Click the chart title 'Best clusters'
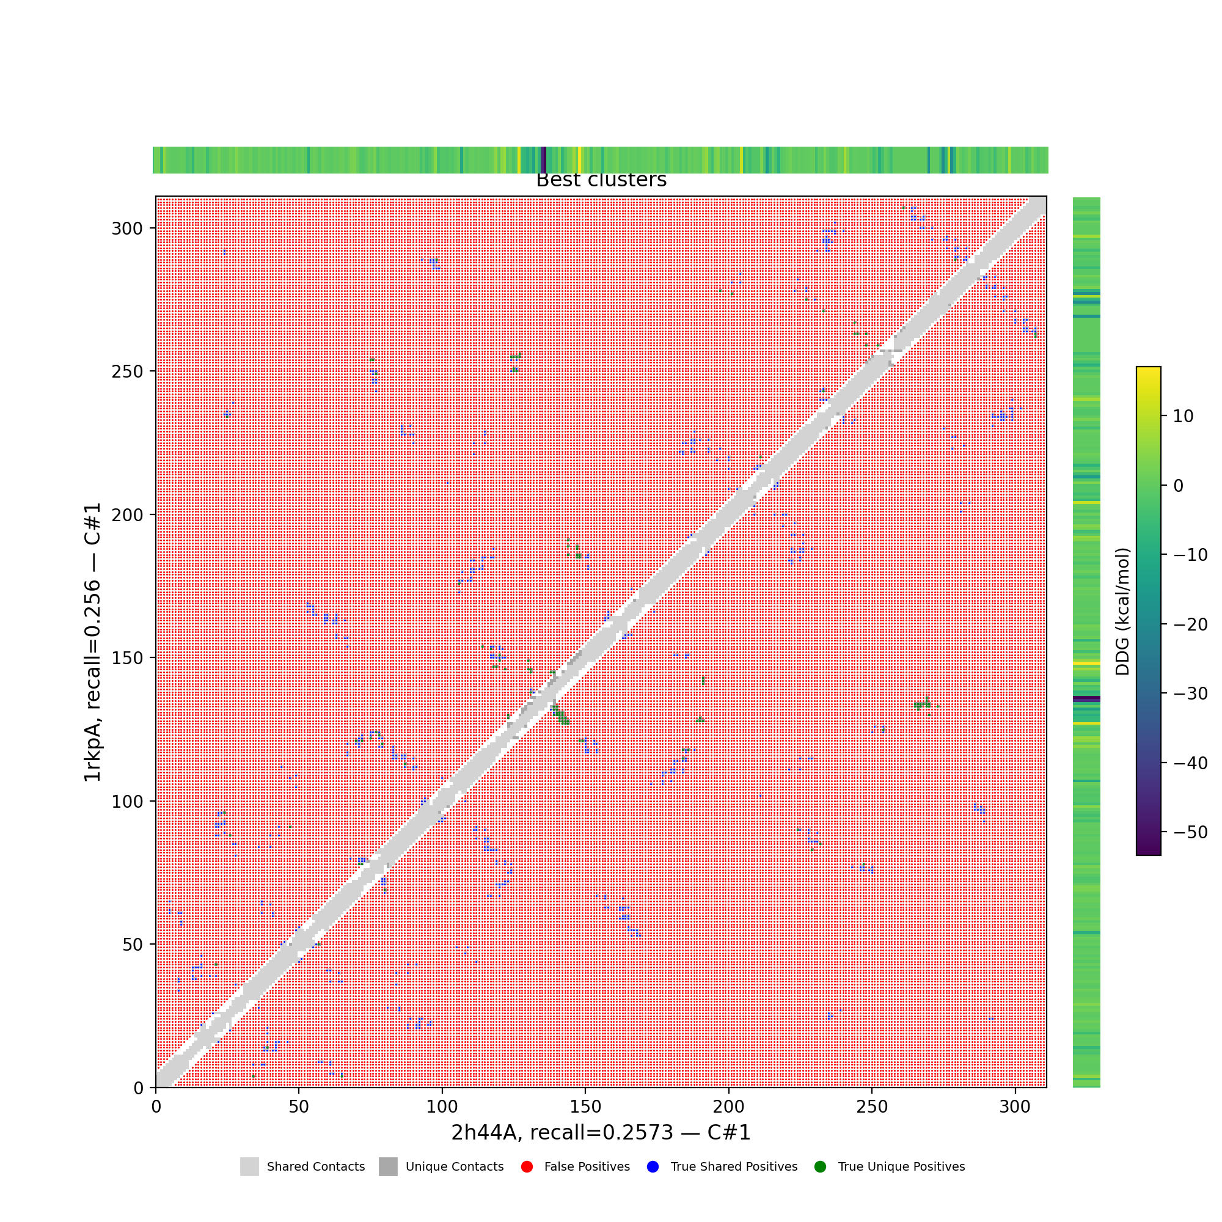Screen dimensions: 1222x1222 click(x=601, y=180)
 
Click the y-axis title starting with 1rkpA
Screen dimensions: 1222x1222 click(x=93, y=642)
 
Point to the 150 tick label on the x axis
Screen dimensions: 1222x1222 click(x=585, y=1107)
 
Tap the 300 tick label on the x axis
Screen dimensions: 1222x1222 click(x=1015, y=1107)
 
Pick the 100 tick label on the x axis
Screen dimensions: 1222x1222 click(x=442, y=1107)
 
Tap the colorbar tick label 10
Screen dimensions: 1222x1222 click(x=1183, y=416)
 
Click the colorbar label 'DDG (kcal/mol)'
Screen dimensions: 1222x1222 click(x=1122, y=612)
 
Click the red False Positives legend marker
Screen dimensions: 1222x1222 click(x=526, y=1166)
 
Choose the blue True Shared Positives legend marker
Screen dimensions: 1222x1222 click(x=653, y=1166)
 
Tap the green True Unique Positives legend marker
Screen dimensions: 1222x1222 click(x=821, y=1166)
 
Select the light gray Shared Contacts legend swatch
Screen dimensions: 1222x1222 click(x=249, y=1166)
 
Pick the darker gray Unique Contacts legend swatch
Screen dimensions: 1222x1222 click(x=389, y=1166)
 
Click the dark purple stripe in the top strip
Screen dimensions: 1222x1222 click(x=543, y=160)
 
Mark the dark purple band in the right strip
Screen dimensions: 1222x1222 click(x=1086, y=699)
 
